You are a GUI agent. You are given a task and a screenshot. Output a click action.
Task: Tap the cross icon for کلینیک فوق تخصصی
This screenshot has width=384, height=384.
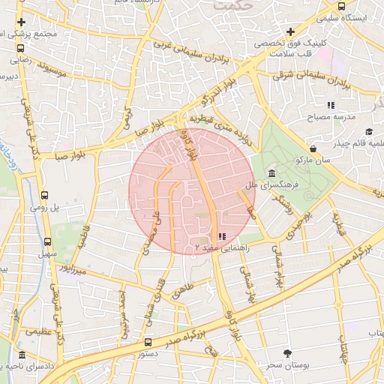pos(290,31)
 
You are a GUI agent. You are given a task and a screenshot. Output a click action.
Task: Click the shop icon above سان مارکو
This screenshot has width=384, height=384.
pos(312,148)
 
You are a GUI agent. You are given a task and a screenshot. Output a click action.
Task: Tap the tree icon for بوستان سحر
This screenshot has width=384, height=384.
pos(287,352)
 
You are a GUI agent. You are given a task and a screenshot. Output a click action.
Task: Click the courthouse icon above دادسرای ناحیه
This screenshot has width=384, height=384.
pos(22,355)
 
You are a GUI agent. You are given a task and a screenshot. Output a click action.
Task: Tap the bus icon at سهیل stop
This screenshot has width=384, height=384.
pos(48,242)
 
